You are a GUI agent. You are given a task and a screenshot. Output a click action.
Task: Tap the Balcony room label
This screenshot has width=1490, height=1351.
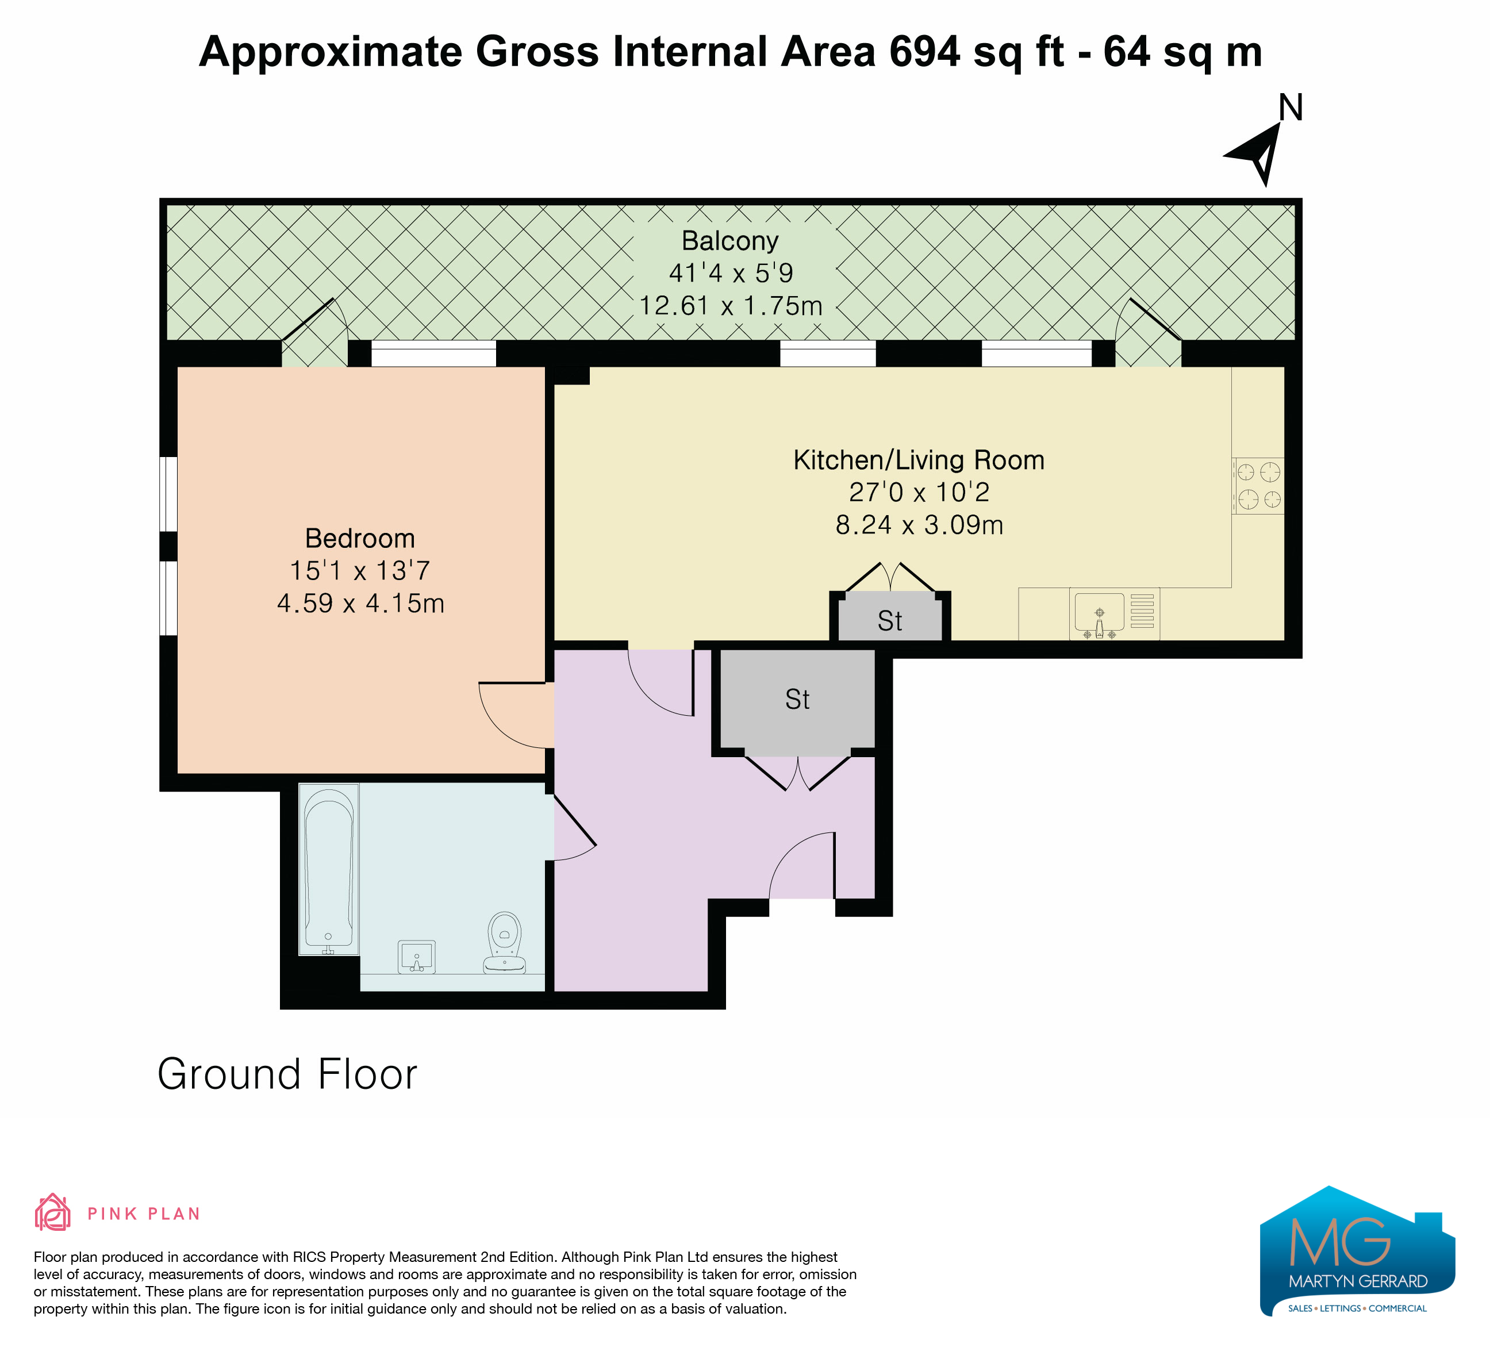730,241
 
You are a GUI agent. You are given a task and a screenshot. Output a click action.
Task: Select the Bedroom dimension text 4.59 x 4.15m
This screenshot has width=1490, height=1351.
360,603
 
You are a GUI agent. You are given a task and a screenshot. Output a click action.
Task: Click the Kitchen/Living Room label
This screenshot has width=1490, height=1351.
919,460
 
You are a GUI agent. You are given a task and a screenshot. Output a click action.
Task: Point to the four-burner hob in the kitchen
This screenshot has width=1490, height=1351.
1259,486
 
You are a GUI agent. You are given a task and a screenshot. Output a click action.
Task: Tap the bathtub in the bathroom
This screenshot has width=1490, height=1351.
329,869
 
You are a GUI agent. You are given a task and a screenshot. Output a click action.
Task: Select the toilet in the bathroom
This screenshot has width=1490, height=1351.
504,942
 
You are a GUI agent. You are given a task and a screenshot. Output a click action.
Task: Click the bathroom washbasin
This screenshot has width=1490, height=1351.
417,957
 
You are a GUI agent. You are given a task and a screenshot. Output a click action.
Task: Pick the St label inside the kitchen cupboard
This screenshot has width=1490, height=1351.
890,621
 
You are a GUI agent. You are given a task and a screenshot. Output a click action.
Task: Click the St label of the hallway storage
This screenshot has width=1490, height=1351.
797,699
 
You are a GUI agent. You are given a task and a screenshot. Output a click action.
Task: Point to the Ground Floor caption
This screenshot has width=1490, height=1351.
287,1074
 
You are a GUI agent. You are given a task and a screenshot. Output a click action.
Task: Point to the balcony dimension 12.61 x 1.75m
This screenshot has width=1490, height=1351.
730,305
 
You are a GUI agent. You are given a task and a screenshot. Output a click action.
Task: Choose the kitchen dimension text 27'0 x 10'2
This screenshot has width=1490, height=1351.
919,492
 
